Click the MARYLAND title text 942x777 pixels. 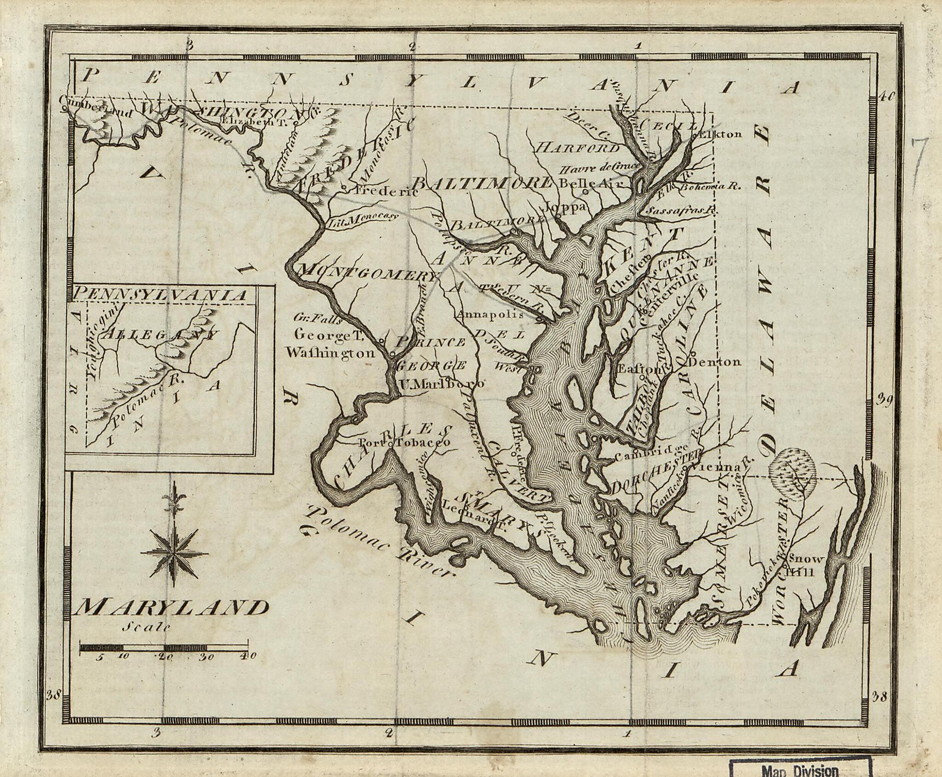click(x=171, y=608)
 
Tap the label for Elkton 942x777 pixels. click(x=720, y=134)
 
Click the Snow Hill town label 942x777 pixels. click(x=806, y=565)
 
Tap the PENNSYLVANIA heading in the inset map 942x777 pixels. click(x=161, y=295)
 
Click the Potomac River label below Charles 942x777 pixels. click(x=377, y=541)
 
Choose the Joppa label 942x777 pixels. click(x=565, y=206)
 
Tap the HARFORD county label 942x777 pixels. click(x=579, y=148)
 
